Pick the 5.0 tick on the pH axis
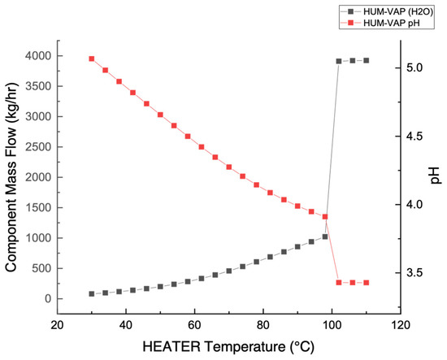tap(414, 68)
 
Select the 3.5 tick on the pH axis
tap(414, 272)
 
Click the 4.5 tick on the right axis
tap(414, 137)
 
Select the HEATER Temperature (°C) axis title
tap(228, 347)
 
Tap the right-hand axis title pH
tap(437, 175)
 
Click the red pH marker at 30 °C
tap(91, 59)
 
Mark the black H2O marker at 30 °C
tap(91, 294)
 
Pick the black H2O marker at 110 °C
tap(367, 60)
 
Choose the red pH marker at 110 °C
tap(367, 282)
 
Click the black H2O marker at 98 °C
tap(325, 236)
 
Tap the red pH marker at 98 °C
tap(325, 217)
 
